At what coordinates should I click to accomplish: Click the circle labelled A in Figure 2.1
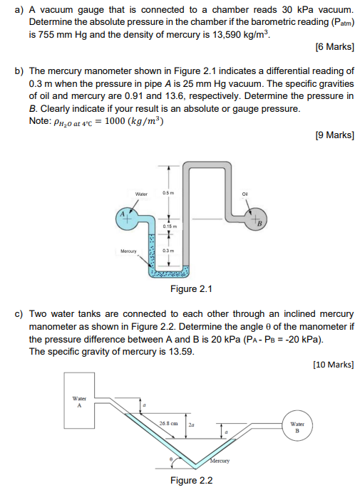(x=125, y=217)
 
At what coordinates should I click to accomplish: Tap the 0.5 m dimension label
(x=168, y=193)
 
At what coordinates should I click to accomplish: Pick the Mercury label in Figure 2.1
(x=128, y=251)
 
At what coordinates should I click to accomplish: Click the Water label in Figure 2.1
(x=141, y=193)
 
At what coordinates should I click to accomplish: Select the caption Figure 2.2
(x=191, y=480)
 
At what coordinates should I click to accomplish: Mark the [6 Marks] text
(x=334, y=48)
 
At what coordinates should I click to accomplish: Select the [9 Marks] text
(x=334, y=135)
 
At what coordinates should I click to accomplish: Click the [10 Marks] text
(x=332, y=365)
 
